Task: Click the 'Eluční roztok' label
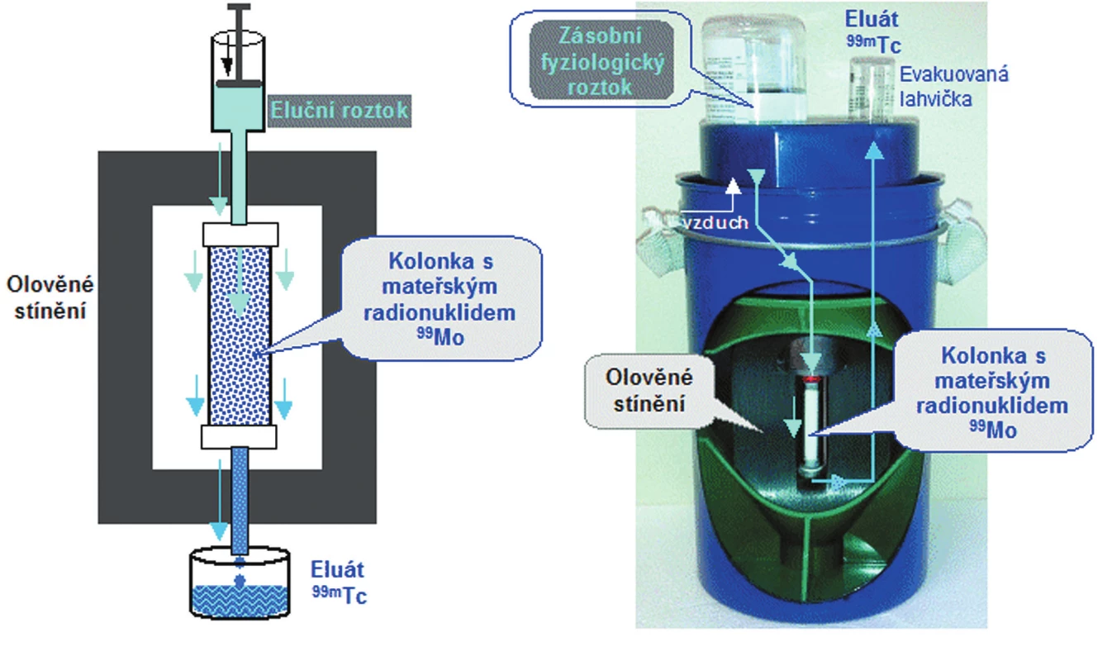pos(340,111)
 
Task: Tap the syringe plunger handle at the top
pos(239,7)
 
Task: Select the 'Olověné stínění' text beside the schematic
pos(50,298)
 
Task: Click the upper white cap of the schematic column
pos(240,235)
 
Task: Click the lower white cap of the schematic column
pos(239,437)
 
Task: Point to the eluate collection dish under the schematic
pos(240,583)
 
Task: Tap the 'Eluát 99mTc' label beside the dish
pos(339,583)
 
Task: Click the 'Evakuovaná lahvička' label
pos(953,87)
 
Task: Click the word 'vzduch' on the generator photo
pos(715,222)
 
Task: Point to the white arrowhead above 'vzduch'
pos(733,186)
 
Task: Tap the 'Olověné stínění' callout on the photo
pos(649,391)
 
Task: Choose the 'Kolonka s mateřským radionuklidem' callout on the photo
pos(992,392)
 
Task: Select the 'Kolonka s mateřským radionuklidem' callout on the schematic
pos(440,299)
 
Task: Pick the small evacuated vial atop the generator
pos(872,89)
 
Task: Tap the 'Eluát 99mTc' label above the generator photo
pos(873,31)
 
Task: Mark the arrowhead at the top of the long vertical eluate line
pos(873,150)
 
